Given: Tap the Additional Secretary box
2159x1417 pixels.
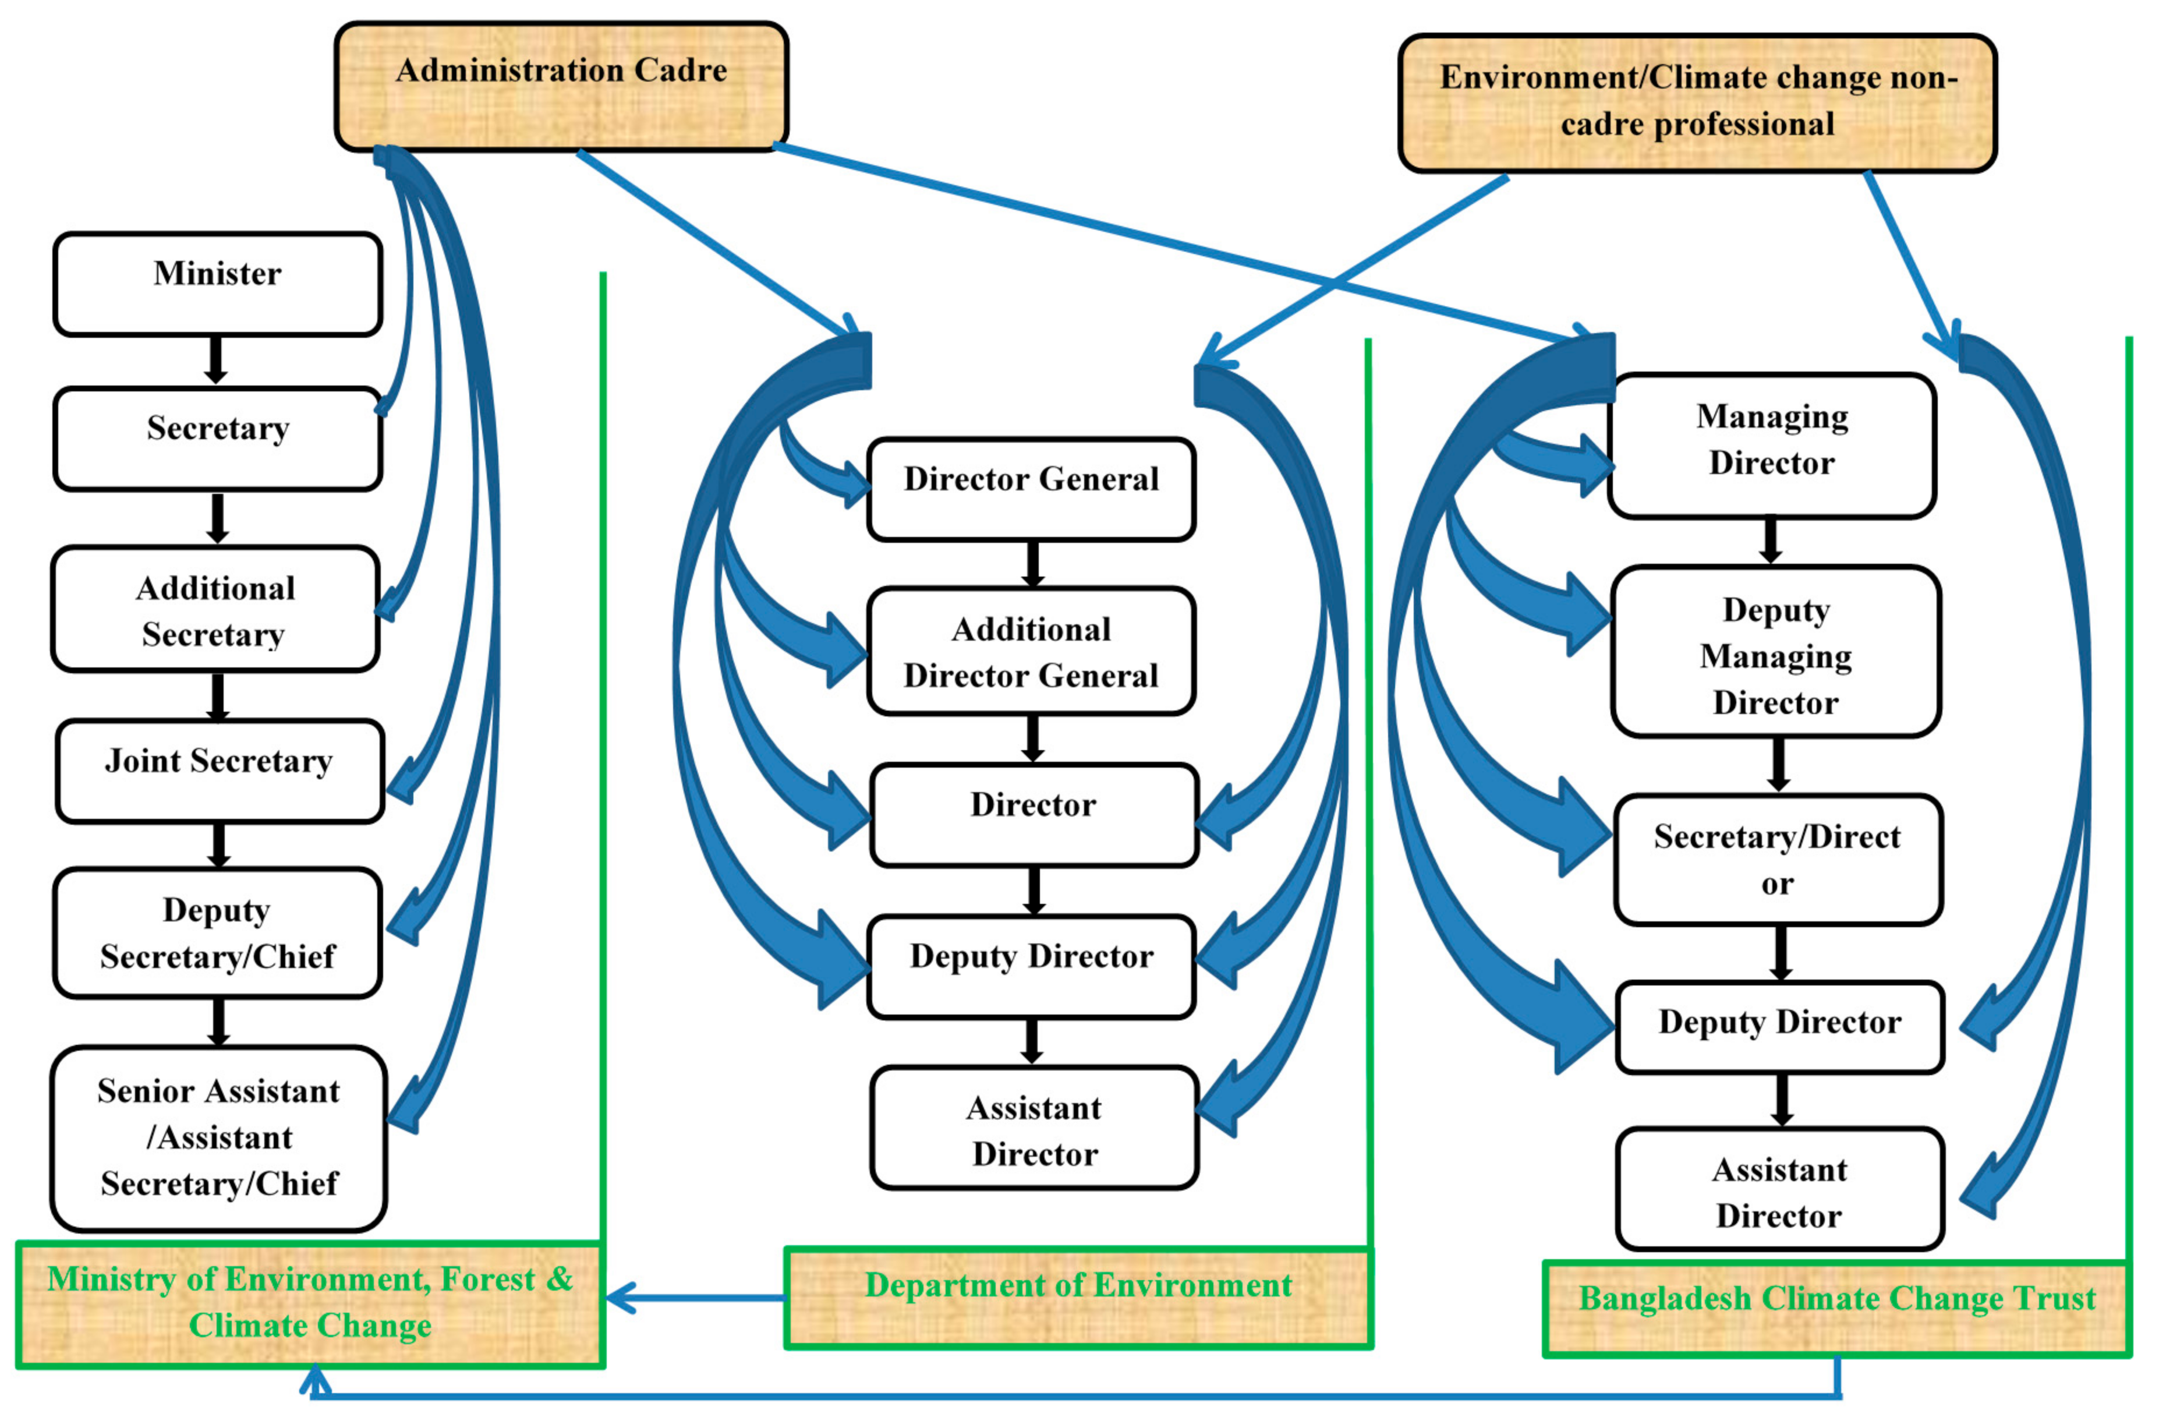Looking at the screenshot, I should pos(215,610).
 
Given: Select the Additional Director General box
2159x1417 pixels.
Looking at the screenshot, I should pos(1031,651).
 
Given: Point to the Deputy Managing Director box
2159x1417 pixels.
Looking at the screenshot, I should pos(1775,651).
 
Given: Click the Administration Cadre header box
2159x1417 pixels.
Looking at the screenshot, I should pos(561,86).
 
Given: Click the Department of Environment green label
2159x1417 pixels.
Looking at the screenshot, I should pos(1078,1297).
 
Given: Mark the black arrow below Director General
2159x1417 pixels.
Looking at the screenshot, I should pos(1031,563).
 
